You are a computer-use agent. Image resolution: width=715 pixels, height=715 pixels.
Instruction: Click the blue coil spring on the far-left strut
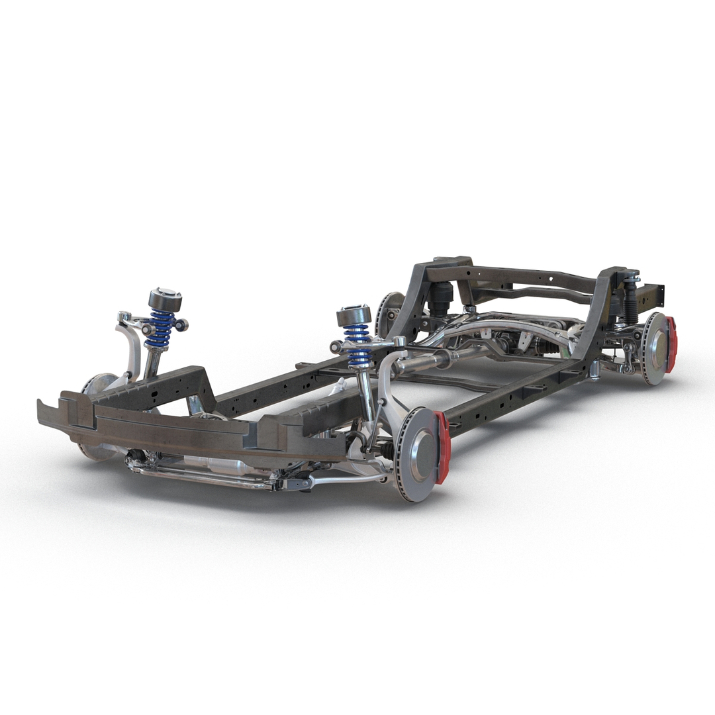pyautogui.click(x=160, y=329)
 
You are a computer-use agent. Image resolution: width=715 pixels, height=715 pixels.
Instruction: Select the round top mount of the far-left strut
pyautogui.click(x=164, y=300)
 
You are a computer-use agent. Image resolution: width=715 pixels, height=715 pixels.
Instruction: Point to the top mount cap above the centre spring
pyautogui.click(x=354, y=315)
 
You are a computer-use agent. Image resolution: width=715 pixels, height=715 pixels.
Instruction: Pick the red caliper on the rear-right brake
pyautogui.click(x=671, y=344)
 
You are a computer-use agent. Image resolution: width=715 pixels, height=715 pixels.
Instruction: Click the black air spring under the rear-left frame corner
pyautogui.click(x=440, y=299)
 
